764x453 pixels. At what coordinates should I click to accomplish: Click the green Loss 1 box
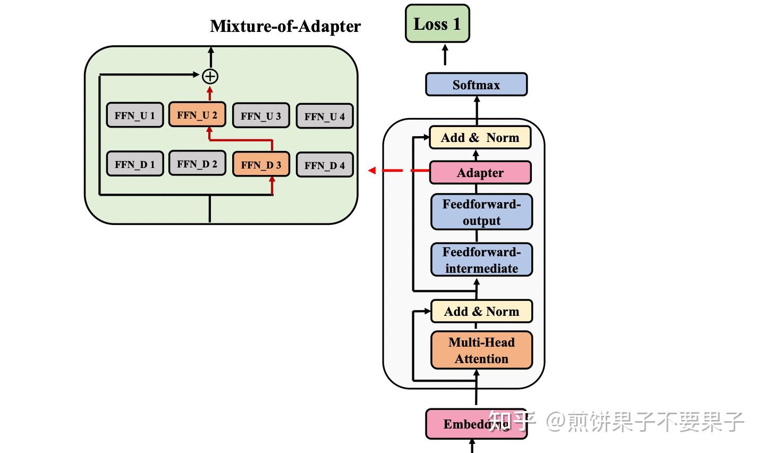[437, 24]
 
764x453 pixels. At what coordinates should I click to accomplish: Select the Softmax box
[476, 85]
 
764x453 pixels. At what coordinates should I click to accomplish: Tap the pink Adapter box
[480, 173]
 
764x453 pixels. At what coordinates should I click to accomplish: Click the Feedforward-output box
[481, 212]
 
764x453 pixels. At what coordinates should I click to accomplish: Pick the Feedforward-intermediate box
[481, 260]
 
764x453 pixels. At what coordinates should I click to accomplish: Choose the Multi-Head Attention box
[481, 350]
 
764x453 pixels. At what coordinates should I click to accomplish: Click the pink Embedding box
[476, 424]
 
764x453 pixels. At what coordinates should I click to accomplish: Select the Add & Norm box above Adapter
[480, 138]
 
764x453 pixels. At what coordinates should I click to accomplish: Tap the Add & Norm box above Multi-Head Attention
[481, 312]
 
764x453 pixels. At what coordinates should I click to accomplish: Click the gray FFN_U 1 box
[135, 115]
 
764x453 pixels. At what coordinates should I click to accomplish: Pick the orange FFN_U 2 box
[197, 115]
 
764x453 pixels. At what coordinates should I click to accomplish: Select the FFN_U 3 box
[261, 116]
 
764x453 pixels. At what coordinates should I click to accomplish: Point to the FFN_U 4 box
[325, 116]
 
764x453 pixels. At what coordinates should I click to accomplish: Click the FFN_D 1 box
[135, 164]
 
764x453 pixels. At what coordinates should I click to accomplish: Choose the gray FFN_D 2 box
[197, 164]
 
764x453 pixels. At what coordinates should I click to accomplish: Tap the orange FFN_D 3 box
[261, 164]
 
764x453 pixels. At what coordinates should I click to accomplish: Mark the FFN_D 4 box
[325, 165]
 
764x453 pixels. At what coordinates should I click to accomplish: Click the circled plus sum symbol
[210, 76]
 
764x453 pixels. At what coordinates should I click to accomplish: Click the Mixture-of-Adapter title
[285, 26]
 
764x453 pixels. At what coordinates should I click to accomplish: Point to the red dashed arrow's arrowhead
[372, 171]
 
